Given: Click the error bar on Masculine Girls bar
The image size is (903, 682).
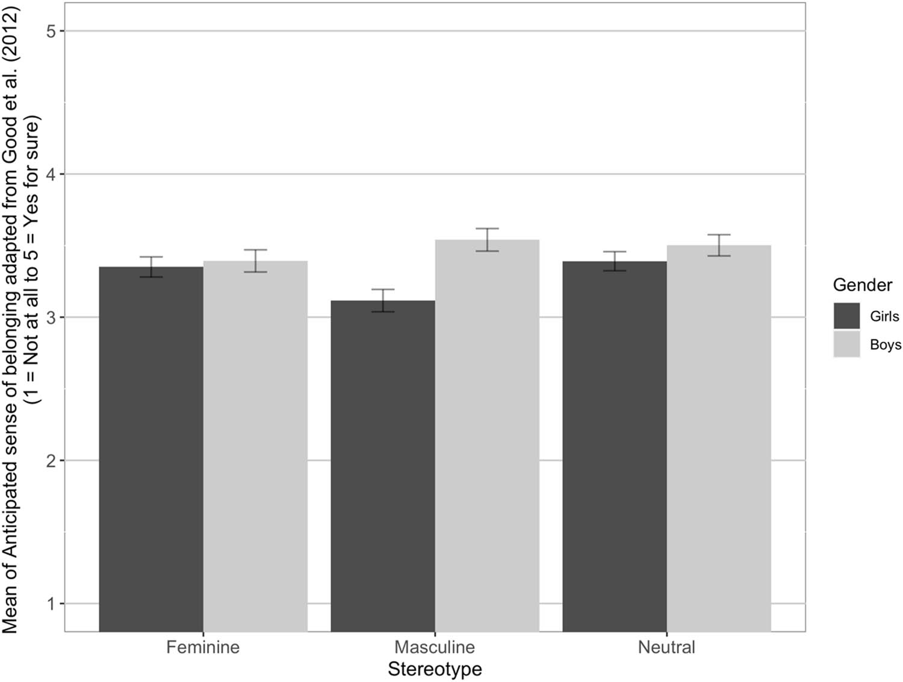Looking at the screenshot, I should (x=383, y=300).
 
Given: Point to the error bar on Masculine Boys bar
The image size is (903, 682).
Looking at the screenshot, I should (x=487, y=240).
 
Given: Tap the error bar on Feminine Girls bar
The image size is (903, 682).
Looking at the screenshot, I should (x=151, y=267).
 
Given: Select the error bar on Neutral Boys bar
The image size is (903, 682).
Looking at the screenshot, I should (x=719, y=245).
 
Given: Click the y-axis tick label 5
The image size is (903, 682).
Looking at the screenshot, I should (x=51, y=31).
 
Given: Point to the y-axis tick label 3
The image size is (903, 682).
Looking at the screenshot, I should (x=51, y=318).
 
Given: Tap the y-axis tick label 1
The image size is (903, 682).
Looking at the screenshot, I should (x=51, y=604).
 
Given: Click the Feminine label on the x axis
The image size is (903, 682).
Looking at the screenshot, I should (x=203, y=648).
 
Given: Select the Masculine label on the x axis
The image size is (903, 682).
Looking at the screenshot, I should (x=435, y=648).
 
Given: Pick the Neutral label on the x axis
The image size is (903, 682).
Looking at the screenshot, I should (x=666, y=648).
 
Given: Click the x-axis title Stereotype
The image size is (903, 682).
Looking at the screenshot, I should (x=435, y=669).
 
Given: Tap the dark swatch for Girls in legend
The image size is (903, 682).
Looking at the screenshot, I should (x=846, y=316).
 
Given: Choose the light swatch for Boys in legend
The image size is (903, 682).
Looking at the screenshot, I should (x=846, y=344).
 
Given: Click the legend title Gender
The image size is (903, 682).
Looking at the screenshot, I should (x=862, y=285).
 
